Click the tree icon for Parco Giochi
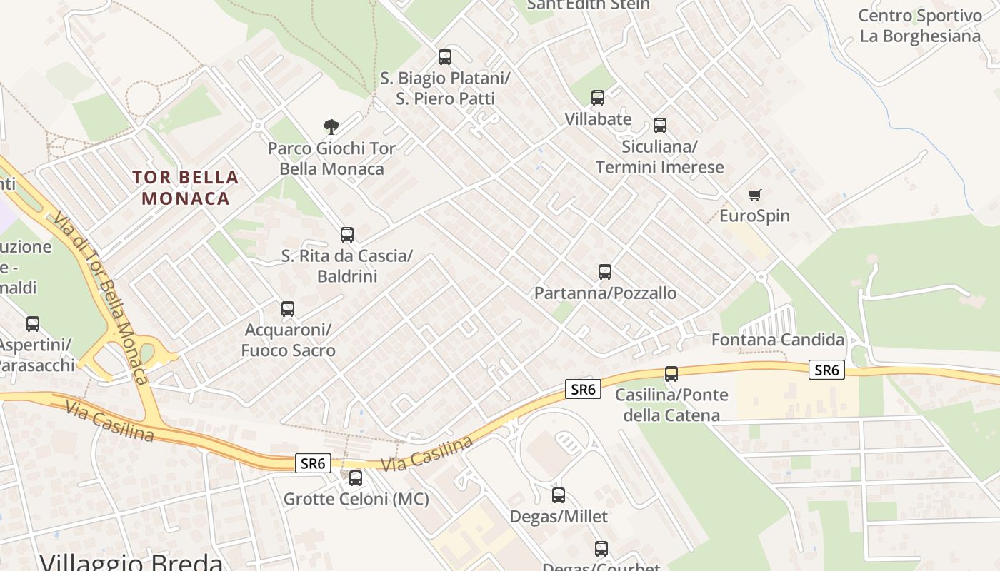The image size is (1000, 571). [331, 127]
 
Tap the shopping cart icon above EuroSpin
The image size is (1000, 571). [755, 195]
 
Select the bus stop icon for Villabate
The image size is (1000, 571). [598, 98]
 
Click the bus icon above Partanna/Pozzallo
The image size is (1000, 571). [605, 272]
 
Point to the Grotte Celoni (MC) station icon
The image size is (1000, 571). [356, 478]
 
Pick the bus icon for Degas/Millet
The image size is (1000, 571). [559, 495]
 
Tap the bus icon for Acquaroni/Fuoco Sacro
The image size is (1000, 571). [288, 309]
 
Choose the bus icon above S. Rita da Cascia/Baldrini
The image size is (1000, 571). [347, 235]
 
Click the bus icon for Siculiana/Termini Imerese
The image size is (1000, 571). [660, 126]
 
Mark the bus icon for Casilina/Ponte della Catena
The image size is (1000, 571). [671, 374]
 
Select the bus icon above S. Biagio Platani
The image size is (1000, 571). [445, 57]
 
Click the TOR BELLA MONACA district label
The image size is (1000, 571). [185, 188]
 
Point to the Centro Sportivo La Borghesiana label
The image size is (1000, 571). [920, 26]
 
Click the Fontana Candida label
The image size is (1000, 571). [778, 340]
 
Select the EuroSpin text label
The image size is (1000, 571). [754, 216]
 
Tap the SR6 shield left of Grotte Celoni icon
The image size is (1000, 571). [313, 463]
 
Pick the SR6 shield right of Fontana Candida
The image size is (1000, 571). [826, 370]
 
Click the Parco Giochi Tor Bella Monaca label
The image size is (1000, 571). [331, 158]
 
